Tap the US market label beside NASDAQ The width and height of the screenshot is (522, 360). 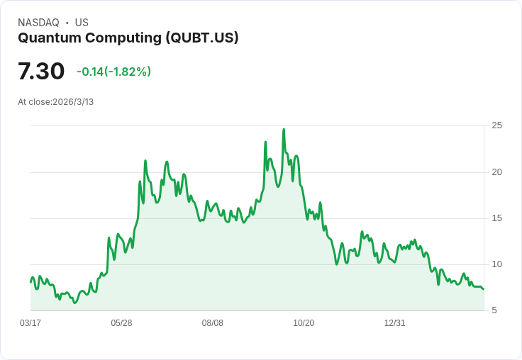pos(82,23)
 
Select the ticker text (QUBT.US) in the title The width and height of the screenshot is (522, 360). pos(202,38)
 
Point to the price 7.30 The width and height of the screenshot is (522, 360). pos(41,71)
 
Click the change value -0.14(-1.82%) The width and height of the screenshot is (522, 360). pos(113,72)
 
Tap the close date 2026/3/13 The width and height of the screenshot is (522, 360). pos(73,102)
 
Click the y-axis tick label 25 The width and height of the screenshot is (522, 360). pos(497,125)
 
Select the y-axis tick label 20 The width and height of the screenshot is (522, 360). pos(497,172)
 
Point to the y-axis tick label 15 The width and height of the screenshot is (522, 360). pos(497,218)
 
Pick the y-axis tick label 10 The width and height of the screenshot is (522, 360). pos(497,264)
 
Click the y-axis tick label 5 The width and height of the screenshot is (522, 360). pos(494,310)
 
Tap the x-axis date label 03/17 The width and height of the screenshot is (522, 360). pos(30,323)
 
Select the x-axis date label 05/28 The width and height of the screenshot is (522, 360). pos(121,323)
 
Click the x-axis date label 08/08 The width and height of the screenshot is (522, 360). pos(213,323)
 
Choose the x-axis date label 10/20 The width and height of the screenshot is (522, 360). pos(304,323)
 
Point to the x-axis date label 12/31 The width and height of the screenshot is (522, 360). pos(395,323)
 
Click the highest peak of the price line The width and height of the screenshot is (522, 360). pos(284,130)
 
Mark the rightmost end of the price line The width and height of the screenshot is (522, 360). pos(484,289)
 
